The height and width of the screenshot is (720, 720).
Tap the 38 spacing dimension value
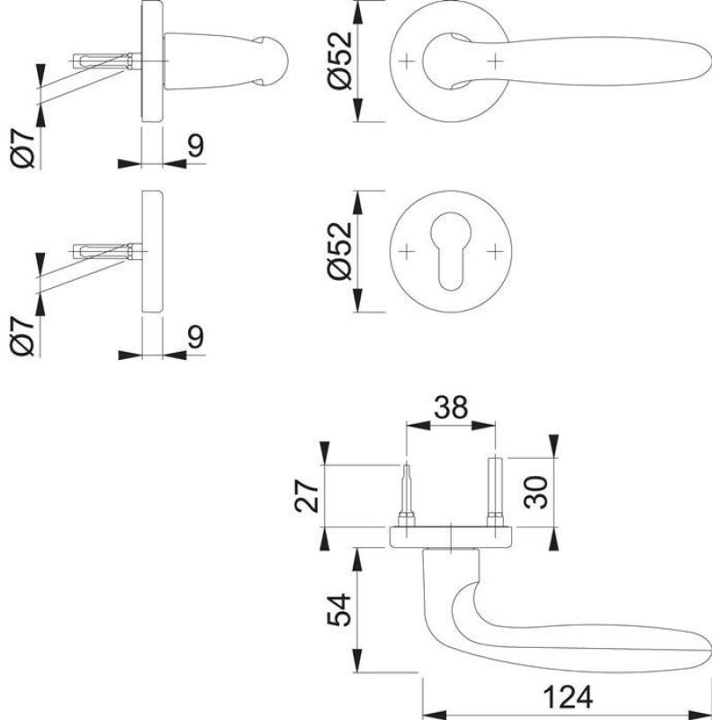click(449, 408)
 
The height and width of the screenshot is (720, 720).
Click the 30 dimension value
click(536, 492)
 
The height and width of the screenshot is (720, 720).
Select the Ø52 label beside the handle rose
click(339, 63)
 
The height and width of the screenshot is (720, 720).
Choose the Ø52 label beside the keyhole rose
click(339, 252)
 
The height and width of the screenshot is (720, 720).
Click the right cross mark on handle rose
click(495, 60)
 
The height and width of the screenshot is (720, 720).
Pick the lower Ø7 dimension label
click(24, 335)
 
